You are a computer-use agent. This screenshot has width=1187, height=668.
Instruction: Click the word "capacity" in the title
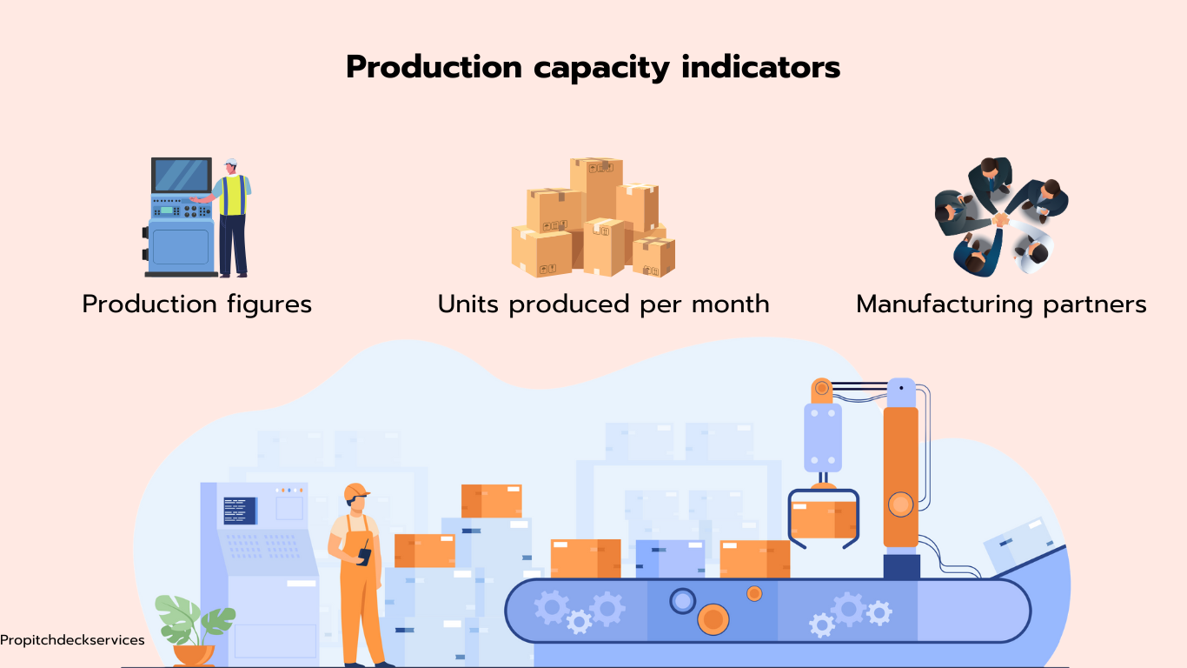click(601, 69)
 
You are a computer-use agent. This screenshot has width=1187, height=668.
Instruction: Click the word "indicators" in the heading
click(761, 67)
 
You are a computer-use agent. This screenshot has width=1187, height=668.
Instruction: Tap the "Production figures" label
click(196, 305)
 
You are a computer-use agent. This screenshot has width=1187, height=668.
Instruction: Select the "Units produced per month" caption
click(603, 305)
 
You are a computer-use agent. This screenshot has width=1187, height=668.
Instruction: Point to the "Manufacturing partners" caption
click(1001, 305)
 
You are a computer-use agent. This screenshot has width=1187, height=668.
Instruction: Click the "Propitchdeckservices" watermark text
click(72, 640)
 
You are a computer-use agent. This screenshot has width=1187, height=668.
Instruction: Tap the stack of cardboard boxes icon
click(593, 217)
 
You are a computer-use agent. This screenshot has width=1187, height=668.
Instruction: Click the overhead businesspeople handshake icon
click(1001, 216)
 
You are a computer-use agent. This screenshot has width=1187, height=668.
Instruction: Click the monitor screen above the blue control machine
click(182, 175)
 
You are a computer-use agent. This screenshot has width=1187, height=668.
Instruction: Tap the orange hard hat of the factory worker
click(356, 491)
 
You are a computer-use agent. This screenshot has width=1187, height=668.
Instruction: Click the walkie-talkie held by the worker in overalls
click(364, 553)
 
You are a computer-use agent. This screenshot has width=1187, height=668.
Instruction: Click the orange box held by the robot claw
click(823, 519)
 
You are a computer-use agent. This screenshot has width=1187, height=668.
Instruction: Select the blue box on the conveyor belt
click(670, 558)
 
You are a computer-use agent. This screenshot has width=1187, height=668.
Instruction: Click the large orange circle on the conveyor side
click(713, 619)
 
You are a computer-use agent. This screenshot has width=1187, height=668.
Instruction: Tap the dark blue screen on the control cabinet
click(240, 511)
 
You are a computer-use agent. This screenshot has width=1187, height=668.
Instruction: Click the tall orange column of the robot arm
click(900, 478)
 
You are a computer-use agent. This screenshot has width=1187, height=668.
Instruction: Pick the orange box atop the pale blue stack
click(491, 500)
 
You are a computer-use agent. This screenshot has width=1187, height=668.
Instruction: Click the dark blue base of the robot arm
click(901, 567)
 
